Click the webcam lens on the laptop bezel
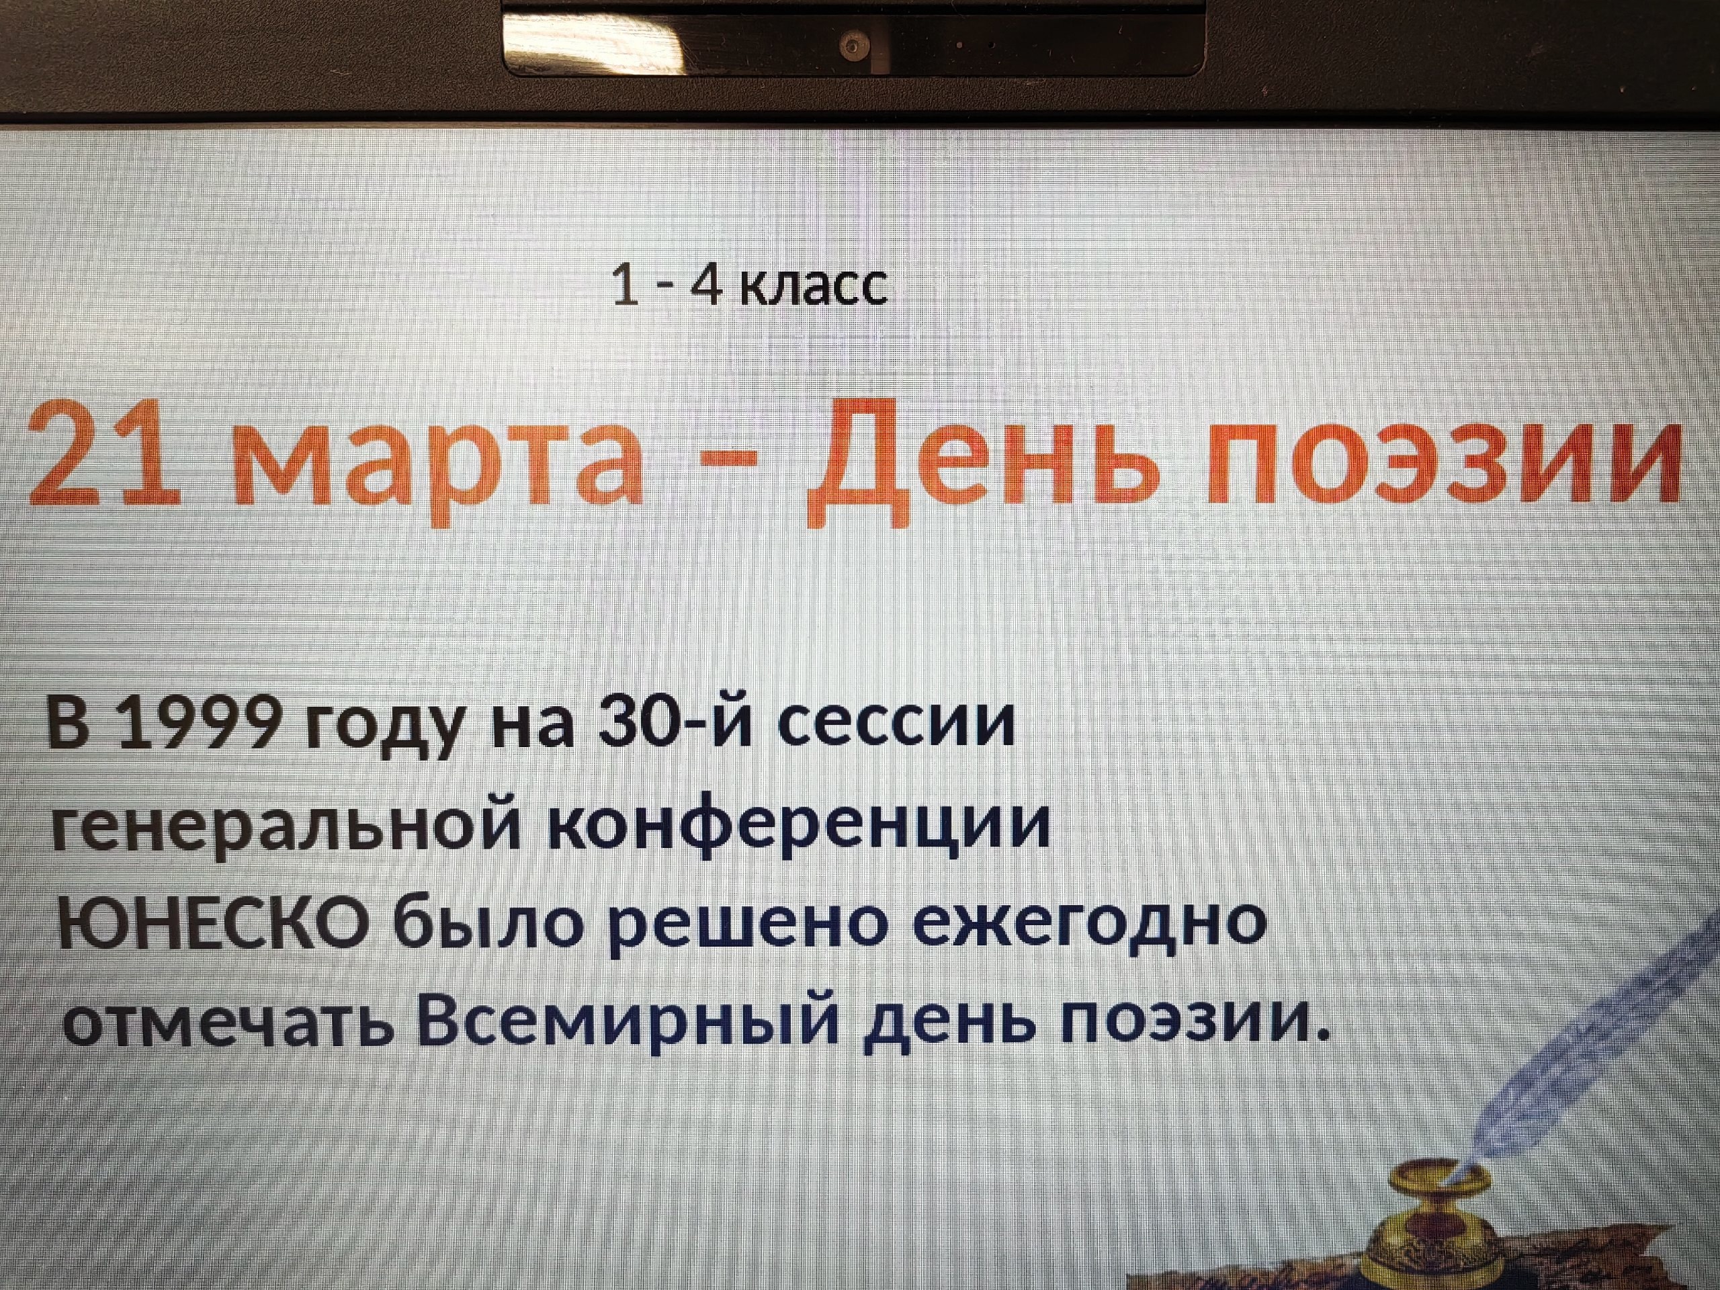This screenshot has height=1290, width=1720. (x=854, y=46)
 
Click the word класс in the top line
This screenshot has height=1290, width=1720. (x=812, y=286)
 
